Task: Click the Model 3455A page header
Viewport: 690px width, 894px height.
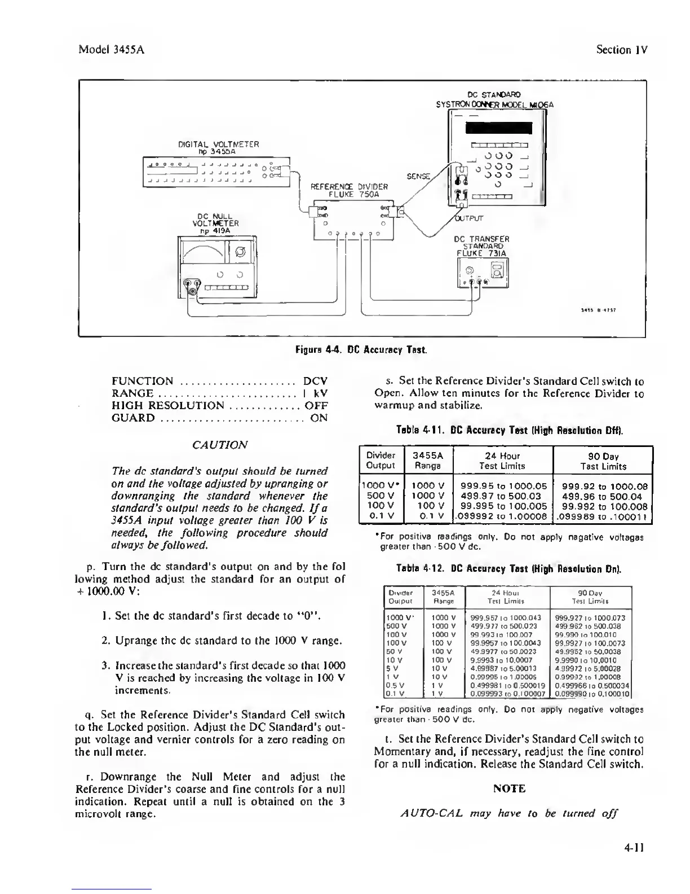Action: pos(112,49)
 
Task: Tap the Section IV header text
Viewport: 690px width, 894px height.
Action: pos(622,49)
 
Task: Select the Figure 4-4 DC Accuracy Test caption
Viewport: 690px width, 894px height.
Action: pos(361,350)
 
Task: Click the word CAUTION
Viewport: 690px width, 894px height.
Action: pos(219,444)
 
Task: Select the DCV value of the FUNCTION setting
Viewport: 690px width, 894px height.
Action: pos(315,381)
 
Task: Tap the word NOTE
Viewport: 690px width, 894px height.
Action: pos(509,788)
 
